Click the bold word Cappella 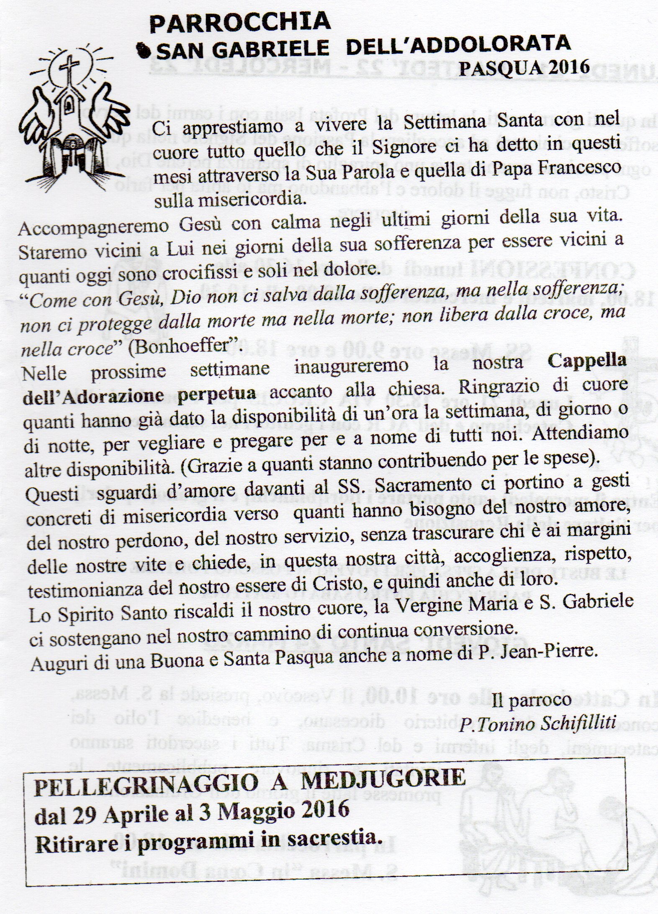point(587,362)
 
